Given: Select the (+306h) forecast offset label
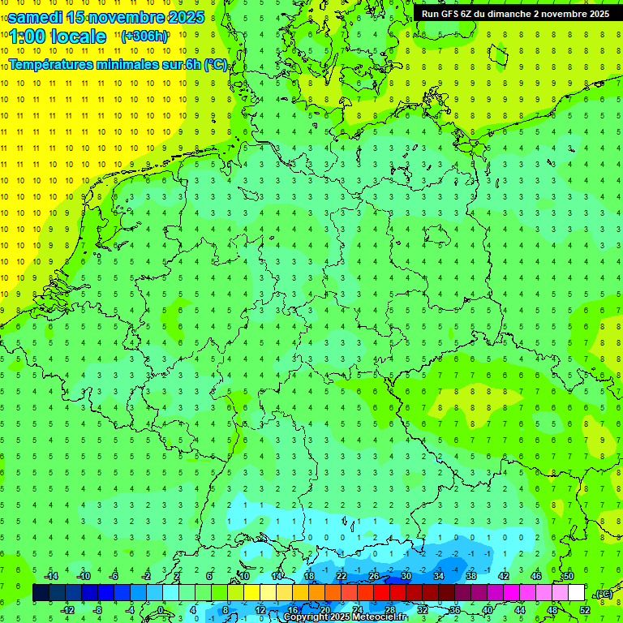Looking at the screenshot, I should point(144,37).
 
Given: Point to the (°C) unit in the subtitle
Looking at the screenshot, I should point(216,64).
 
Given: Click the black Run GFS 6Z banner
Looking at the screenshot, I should point(516,13).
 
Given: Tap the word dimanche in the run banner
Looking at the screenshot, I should point(508,13).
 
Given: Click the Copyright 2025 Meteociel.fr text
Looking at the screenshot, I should point(345,617).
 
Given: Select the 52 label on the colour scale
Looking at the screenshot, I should point(585,610).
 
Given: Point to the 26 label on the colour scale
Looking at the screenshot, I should point(374,576).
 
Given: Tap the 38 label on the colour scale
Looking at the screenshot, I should point(471,576).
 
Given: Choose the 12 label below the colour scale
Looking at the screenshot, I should point(260,610).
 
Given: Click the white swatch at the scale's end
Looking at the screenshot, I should point(576,593).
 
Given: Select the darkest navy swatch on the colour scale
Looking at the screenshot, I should point(41,593).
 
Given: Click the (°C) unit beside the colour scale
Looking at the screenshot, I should point(604,594).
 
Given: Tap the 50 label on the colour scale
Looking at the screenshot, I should point(568,576).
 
